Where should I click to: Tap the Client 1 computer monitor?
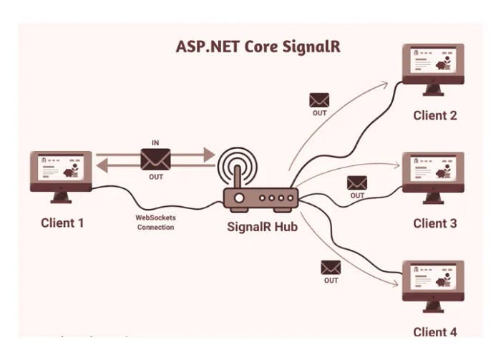coord(61,171)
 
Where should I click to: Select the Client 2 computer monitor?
coord(433,64)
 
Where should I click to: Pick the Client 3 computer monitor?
coord(433,172)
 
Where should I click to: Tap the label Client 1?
coord(62,223)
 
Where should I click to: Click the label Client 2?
coord(434,115)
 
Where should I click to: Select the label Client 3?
coord(434,223)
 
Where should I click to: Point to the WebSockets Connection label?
coord(155,222)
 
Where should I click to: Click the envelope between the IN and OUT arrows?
coord(156,159)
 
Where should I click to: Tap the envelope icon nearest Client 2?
coord(319,100)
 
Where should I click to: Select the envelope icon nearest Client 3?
coord(356,183)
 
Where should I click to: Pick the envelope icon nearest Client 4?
coord(331,267)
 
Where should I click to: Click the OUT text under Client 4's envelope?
coord(331,281)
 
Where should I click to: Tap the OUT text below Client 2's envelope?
coord(319,113)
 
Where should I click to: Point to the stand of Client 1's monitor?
coord(61,195)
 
